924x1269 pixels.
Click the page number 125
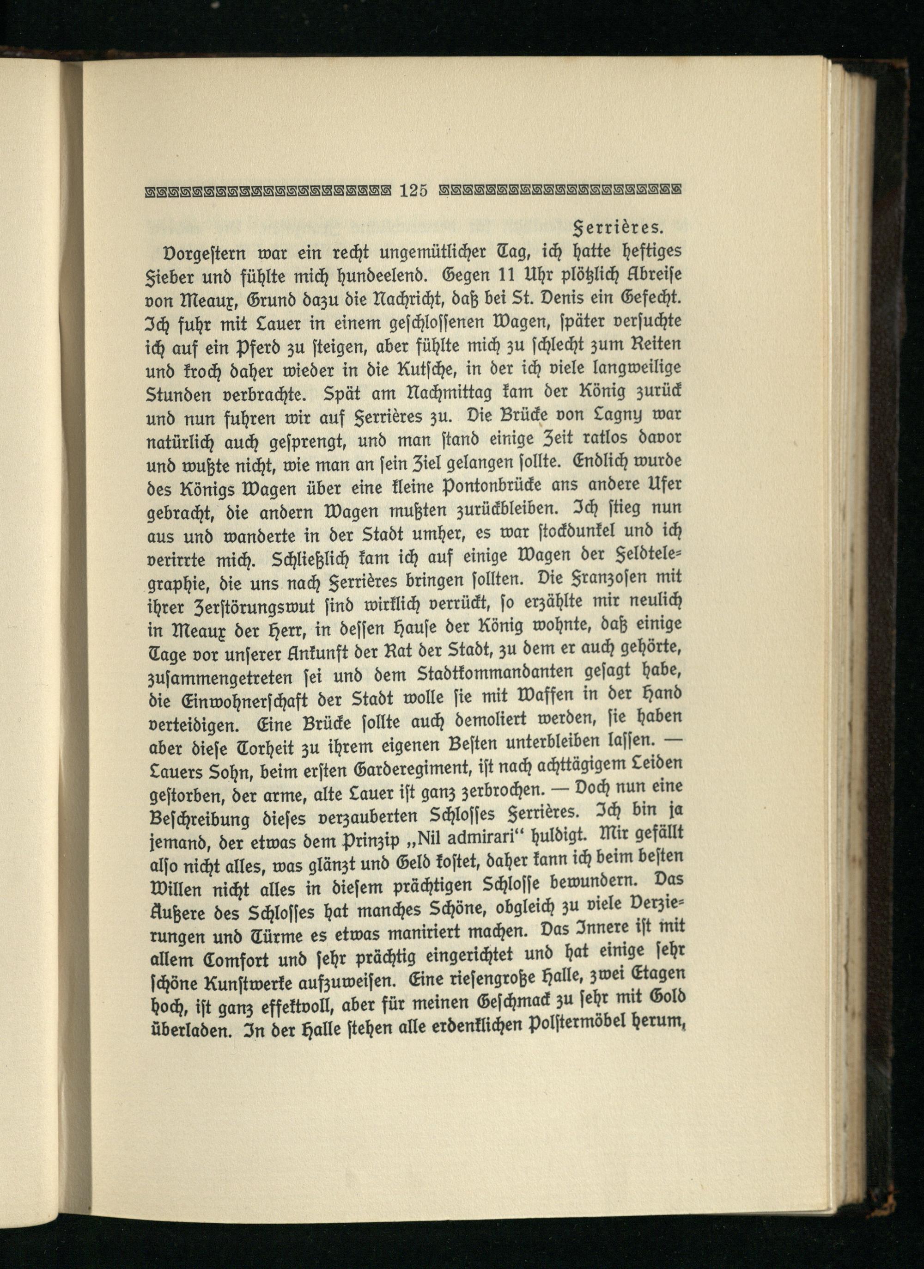pyautogui.click(x=413, y=191)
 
